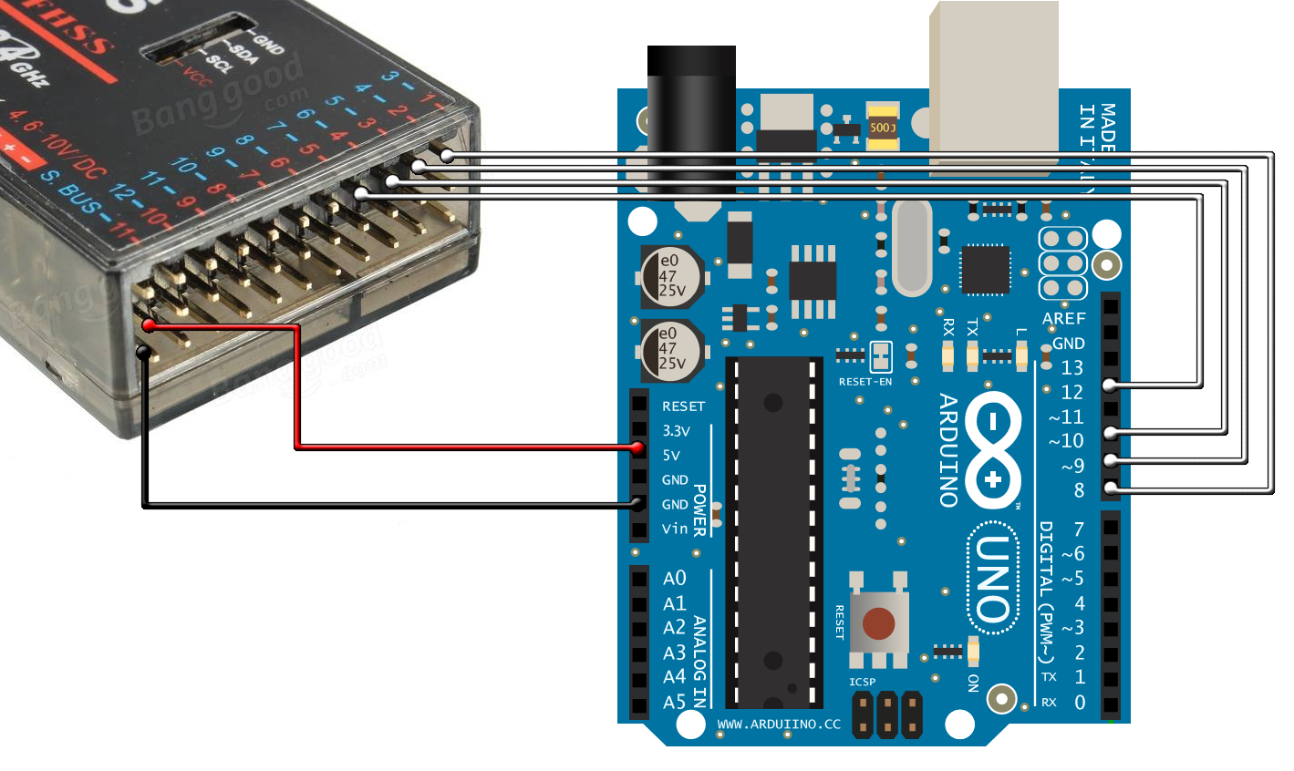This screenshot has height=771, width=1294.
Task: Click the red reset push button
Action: (878, 623)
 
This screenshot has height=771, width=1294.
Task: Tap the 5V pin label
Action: (671, 455)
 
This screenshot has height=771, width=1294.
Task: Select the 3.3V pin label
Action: (676, 430)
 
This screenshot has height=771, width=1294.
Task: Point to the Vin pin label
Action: (675, 529)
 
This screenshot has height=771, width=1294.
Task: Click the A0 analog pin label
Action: (674, 579)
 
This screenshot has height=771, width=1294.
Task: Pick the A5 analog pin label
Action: (674, 702)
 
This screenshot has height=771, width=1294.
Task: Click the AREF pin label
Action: (1063, 318)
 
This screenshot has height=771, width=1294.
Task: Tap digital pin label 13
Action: (1071, 367)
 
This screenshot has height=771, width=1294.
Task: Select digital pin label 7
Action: (1079, 529)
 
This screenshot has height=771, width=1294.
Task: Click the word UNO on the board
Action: (993, 579)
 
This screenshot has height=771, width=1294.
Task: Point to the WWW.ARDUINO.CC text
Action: (779, 725)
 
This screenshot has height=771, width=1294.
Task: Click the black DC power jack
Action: (690, 118)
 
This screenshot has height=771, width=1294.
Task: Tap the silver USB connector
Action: (993, 87)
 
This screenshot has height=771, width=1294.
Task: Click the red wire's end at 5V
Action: (639, 447)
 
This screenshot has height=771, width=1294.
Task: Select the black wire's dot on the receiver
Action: (143, 353)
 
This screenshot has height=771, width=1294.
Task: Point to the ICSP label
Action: (862, 682)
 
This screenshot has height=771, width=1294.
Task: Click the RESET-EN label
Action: (865, 382)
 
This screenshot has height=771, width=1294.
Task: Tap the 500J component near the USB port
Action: (883, 128)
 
